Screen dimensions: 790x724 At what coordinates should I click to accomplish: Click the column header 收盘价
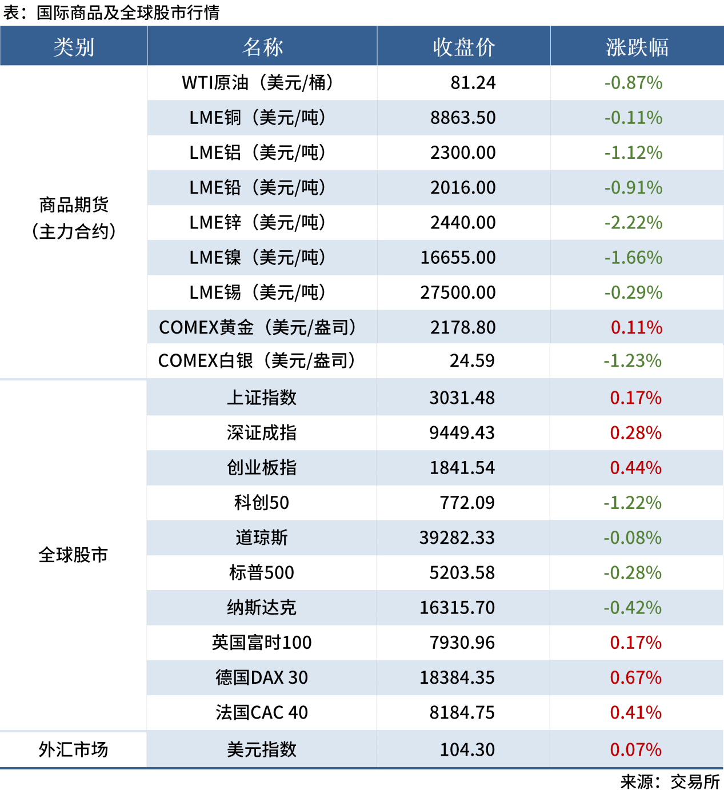coord(463,47)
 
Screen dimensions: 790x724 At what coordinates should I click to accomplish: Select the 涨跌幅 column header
coord(637,47)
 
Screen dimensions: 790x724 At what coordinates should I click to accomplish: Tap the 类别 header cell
coord(74,47)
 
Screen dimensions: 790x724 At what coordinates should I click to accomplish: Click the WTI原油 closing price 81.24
coord(473,83)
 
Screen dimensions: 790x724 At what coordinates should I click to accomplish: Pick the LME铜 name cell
coord(258,118)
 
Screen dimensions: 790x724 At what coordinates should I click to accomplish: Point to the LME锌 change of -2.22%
coord(633,223)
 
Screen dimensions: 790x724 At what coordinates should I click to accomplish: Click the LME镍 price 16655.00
coord(458,258)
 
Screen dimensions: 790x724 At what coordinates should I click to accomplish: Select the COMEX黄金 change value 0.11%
coord(636,327)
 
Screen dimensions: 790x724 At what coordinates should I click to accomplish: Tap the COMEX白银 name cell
coord(257,361)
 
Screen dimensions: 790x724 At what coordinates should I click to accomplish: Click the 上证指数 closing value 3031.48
coord(462,398)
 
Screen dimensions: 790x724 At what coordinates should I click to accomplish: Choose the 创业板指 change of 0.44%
coord(635,468)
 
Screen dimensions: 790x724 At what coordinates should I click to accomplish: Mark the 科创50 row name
coord(261,503)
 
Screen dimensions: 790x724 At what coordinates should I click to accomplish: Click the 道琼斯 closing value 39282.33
coord(457,538)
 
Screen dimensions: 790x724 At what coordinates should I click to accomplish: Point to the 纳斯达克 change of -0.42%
coord(632,608)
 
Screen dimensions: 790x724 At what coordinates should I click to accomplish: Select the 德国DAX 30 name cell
coord(261,677)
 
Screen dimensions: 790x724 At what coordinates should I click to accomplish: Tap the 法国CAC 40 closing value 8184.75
coord(462,712)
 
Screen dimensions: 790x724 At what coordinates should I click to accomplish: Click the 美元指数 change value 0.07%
coord(635,749)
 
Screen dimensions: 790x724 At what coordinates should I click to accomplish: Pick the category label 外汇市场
coord(73,749)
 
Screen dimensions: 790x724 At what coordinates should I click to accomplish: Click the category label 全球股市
coord(73,555)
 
